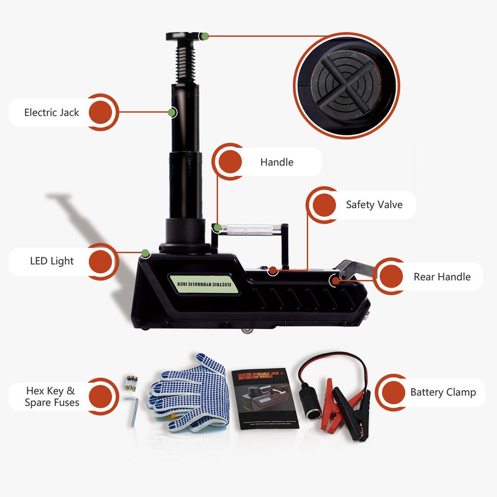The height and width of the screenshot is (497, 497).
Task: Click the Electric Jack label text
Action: [x=51, y=113]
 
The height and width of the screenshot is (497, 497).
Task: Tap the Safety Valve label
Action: [x=374, y=205]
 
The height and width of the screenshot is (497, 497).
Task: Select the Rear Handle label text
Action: [x=442, y=277]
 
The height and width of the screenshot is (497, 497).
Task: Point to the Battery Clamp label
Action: [x=443, y=392]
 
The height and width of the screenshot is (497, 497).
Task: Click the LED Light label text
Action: [x=52, y=261]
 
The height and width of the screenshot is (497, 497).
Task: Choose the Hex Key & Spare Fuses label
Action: [x=51, y=397]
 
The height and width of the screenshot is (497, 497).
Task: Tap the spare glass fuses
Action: [x=131, y=382]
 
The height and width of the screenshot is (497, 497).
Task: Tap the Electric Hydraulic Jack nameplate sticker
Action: [x=204, y=283]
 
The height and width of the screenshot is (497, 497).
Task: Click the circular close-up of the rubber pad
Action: [x=346, y=85]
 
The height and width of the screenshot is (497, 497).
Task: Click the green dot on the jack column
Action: [x=171, y=113]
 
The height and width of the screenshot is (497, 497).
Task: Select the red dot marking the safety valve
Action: [x=273, y=270]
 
